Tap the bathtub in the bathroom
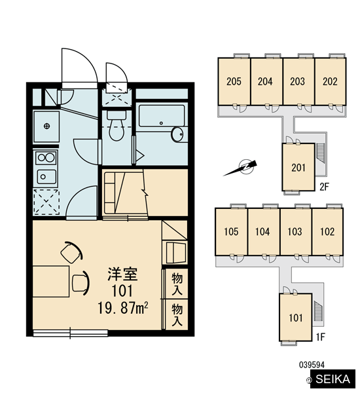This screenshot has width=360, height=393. click(x=162, y=116)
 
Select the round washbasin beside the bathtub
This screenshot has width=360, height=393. click(x=177, y=135)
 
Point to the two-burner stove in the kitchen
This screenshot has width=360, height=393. click(x=46, y=158)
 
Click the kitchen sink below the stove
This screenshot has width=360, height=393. click(x=46, y=177)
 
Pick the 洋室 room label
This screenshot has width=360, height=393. click(x=122, y=274)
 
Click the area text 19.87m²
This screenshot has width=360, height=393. click(x=122, y=308)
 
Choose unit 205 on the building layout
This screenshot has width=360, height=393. click(x=234, y=81)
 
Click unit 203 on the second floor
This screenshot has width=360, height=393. click(x=298, y=81)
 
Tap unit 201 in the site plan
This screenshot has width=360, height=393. click(x=298, y=168)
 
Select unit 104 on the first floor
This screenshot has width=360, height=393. click(x=262, y=232)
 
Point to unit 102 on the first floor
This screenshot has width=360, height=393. click(x=327, y=232)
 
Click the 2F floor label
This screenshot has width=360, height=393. click(x=324, y=187)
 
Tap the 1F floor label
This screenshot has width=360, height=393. click(x=321, y=337)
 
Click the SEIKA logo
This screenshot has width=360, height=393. click(x=333, y=379)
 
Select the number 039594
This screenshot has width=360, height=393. click(x=312, y=365)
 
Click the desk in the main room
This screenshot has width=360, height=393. click(x=51, y=282)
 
